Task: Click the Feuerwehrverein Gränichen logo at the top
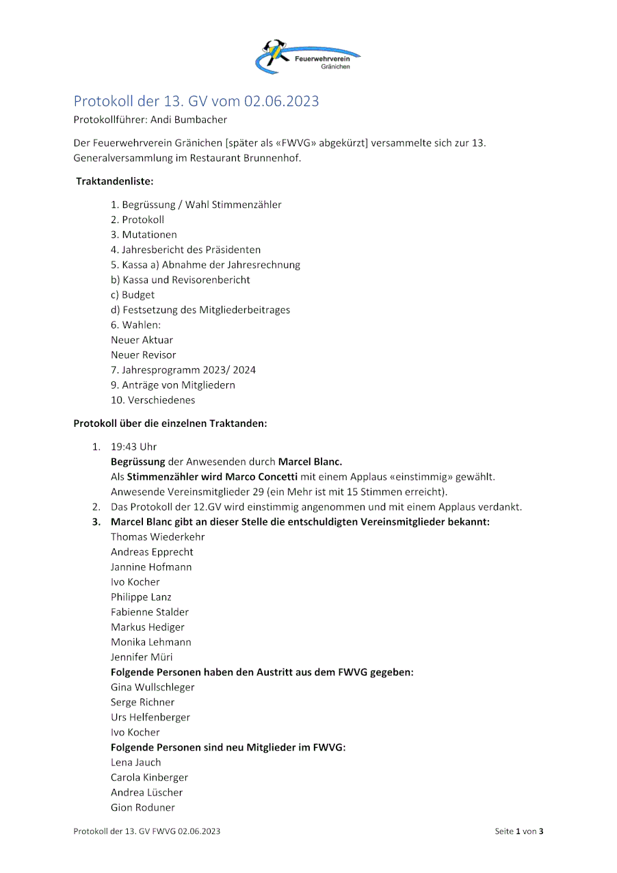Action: (308, 56)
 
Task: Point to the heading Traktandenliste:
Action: (114, 182)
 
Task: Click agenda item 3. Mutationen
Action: (144, 235)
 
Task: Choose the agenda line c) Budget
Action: (133, 295)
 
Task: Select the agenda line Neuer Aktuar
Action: (142, 340)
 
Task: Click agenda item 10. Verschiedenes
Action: (153, 400)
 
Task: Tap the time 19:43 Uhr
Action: (133, 447)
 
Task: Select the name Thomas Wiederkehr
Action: (157, 537)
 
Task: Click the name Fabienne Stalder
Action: (149, 612)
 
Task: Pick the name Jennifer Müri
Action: (142, 657)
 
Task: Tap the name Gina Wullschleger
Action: (153, 688)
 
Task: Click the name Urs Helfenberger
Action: (150, 718)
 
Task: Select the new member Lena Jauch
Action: (136, 763)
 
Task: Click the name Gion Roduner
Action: (142, 808)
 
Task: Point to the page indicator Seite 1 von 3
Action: (518, 832)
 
